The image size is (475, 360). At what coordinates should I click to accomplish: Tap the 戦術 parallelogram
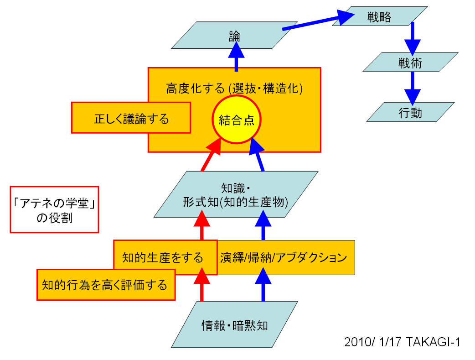tap(410, 62)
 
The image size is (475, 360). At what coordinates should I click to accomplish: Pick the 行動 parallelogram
tap(410, 112)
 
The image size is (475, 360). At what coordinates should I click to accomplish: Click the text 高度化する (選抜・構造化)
tap(234, 88)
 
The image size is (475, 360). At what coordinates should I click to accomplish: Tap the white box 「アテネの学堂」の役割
tap(54, 209)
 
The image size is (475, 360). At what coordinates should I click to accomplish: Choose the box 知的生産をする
tap(162, 257)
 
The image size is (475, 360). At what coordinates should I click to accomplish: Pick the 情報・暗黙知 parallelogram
tap(234, 325)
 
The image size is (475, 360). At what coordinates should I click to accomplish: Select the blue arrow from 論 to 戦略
tap(319, 22)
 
